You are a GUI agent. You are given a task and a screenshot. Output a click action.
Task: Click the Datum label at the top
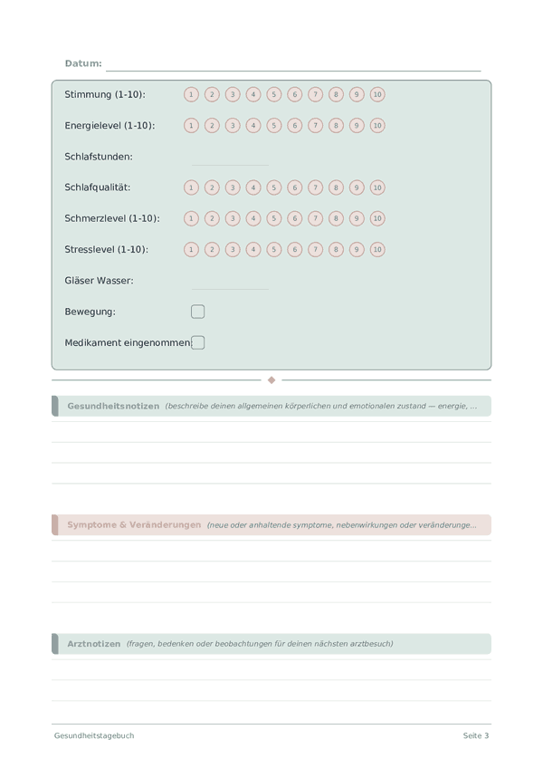83,63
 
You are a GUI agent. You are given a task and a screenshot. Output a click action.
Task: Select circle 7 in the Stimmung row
315,94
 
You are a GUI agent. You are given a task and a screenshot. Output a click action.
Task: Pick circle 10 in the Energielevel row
377,126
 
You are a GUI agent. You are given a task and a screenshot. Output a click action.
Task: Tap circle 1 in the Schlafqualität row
191,187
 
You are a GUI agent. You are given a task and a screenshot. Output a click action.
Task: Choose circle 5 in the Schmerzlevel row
274,218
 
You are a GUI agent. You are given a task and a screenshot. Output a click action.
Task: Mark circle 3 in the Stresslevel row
233,249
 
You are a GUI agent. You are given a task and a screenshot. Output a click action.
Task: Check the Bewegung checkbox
198,312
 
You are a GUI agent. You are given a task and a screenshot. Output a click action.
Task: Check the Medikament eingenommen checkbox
198,342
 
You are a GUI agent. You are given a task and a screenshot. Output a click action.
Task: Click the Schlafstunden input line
230,163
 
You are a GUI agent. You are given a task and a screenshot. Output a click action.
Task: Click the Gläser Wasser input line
230,287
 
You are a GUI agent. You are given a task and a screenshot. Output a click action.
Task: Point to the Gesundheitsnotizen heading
113,406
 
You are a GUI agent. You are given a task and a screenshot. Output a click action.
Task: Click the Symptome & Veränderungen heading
134,525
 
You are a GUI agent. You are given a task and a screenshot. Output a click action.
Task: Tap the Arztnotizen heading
93,644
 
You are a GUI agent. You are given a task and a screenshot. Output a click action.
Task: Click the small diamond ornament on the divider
271,380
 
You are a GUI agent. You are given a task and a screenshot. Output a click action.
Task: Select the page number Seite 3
476,735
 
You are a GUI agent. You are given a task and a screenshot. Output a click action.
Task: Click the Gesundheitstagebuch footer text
94,735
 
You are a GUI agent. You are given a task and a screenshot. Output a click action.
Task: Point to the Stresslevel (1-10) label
106,249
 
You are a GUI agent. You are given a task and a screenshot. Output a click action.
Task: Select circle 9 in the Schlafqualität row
357,187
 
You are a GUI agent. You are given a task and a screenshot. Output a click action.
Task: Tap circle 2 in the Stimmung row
212,94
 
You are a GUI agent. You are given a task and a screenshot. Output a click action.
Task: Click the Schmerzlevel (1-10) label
112,218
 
